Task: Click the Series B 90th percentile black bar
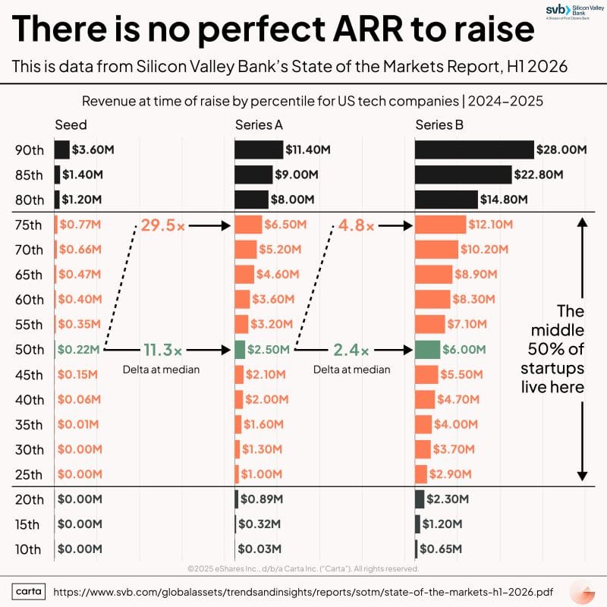474,149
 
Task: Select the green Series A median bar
240,349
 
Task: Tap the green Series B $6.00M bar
427,349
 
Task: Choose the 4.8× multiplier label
355,225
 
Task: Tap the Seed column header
71,125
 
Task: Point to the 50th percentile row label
29,350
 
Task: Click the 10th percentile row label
29,549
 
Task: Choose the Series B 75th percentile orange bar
440,225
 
